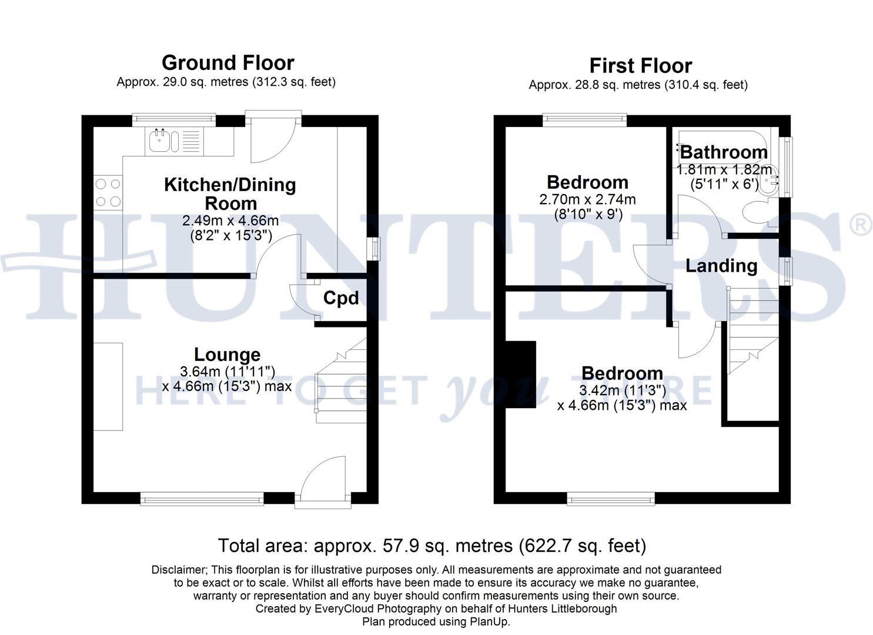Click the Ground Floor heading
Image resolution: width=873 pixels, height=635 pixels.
(228, 63)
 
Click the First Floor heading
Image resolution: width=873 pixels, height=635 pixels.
(640, 66)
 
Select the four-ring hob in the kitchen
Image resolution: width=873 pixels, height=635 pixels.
(108, 193)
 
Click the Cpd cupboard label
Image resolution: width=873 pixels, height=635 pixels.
(341, 299)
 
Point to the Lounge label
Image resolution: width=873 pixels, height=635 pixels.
(227, 355)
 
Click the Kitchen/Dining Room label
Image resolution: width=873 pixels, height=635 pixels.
(230, 193)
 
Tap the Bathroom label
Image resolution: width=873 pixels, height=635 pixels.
(724, 152)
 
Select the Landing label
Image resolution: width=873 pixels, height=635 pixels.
(721, 266)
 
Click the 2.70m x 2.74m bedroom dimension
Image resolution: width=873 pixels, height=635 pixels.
(587, 199)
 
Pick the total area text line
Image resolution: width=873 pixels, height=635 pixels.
(432, 546)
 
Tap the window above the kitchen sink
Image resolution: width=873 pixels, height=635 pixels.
(173, 119)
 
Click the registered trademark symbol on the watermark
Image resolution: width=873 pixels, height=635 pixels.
(861, 224)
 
